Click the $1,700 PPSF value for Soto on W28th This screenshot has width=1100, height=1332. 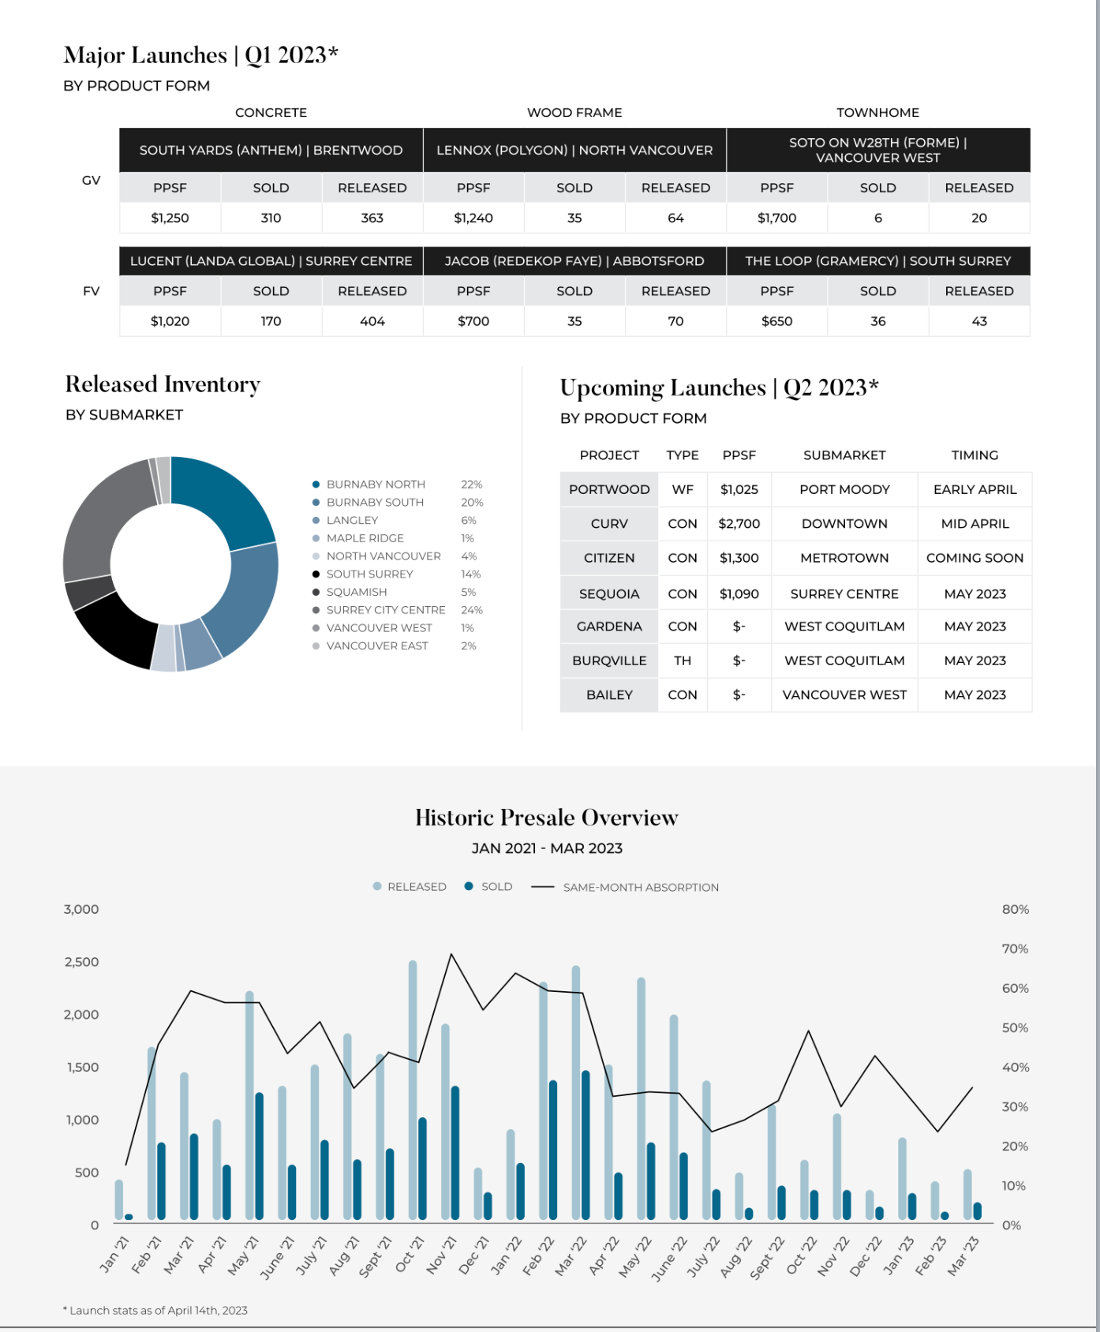pos(776,218)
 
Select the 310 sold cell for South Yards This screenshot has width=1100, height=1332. pos(271,218)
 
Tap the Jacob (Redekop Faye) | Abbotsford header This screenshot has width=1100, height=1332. pos(574,261)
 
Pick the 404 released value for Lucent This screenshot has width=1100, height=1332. pos(372,321)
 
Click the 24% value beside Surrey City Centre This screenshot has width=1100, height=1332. pos(472,610)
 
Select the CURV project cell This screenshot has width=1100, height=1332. pos(609,524)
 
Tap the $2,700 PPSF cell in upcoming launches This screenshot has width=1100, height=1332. pos(739,524)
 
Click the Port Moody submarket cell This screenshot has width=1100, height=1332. pos(844,489)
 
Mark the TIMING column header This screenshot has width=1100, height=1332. pos(975,455)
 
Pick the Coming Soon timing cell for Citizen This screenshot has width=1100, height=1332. pos(975,558)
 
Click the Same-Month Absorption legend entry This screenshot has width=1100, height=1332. pos(625,887)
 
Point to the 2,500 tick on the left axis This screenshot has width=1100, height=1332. pos(81,962)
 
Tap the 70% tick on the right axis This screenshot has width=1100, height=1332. pos(1015,948)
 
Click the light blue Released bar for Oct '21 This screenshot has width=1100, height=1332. pos(413,1090)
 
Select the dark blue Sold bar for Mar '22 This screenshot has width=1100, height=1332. pos(586,1145)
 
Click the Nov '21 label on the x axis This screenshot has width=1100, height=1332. pos(436,1255)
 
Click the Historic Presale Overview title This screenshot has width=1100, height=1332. pos(547,818)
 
